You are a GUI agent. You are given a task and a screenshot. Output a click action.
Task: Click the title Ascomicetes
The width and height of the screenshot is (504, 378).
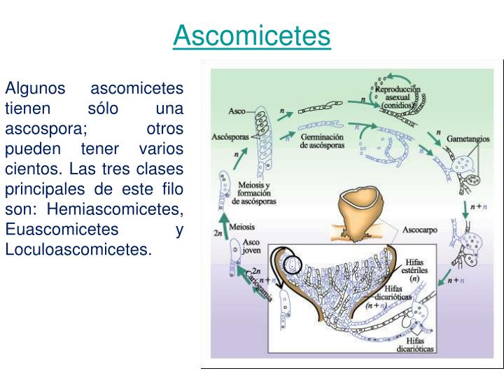(251, 36)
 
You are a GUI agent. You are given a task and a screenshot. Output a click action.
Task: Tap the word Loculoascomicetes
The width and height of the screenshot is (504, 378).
(78, 249)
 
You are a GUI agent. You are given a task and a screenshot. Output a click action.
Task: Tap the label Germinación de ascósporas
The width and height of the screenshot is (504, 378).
(321, 142)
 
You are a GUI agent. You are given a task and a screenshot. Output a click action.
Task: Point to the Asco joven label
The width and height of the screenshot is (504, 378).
(251, 246)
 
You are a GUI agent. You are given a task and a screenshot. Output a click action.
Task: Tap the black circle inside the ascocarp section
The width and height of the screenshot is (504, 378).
(293, 265)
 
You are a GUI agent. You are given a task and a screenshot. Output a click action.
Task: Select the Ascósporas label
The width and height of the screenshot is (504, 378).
(230, 137)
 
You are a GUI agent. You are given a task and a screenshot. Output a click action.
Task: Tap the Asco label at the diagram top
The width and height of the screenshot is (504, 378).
(237, 111)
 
